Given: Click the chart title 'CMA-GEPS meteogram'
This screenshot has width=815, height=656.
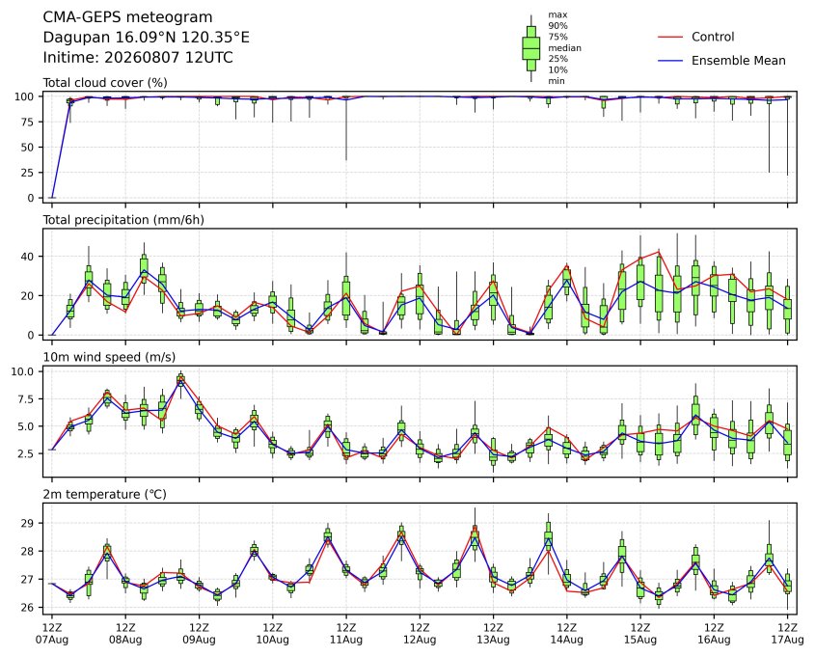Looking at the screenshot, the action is (x=127, y=17).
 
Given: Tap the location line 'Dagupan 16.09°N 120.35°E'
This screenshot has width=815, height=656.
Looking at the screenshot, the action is (x=146, y=38).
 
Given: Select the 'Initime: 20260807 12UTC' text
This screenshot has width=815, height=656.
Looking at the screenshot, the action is (x=138, y=57).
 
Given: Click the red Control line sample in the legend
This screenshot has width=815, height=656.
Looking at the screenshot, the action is (x=670, y=37).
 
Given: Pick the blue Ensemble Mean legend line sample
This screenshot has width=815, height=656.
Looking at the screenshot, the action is (x=670, y=61).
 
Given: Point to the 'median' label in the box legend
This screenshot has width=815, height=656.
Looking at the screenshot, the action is (x=564, y=48).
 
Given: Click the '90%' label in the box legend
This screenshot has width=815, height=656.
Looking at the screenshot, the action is (x=557, y=25).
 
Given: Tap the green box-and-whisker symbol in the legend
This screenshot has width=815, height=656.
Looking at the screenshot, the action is (x=530, y=48).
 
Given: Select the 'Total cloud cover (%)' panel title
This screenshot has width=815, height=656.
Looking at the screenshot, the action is (x=105, y=83).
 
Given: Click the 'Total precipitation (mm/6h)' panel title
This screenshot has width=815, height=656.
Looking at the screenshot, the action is (x=123, y=220).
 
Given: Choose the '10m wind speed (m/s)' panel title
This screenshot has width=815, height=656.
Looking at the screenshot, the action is (x=109, y=357).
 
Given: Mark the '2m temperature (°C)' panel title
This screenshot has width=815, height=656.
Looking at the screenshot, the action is (x=104, y=494).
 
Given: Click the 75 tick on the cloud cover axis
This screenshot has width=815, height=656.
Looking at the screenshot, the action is (x=28, y=123).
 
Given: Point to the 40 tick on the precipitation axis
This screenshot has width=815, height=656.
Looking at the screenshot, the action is (x=28, y=257).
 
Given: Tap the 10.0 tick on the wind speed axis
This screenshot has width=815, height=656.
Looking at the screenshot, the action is (x=22, y=371).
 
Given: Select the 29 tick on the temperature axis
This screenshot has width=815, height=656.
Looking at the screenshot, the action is (x=28, y=524).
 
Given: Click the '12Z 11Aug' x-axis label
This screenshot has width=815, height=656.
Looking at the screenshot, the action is (x=346, y=634).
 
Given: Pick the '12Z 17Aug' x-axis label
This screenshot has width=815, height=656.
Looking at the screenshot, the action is (x=787, y=634).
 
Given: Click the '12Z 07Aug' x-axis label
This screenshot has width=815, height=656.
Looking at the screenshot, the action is (x=51, y=634).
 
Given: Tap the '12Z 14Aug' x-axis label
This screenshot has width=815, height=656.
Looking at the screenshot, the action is (x=566, y=634).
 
